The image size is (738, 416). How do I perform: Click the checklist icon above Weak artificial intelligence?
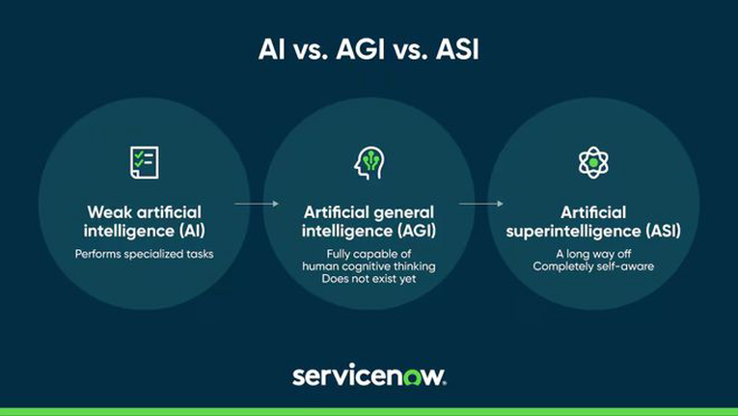click(144, 162)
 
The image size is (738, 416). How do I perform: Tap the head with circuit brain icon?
click(369, 163)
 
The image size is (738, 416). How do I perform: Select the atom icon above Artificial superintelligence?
click(593, 162)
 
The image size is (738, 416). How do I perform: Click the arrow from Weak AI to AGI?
click(257, 204)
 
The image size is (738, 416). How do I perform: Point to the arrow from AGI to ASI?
click(481, 204)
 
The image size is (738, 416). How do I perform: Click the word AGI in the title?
click(361, 49)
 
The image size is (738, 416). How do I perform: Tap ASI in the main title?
click(457, 49)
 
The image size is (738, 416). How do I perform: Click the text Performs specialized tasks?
click(144, 254)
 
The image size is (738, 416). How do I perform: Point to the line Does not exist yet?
click(369, 278)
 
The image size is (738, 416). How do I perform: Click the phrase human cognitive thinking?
click(369, 266)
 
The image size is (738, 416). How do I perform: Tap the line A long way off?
click(593, 254)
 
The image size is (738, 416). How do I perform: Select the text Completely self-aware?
click(593, 266)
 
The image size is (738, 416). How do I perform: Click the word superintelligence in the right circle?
click(573, 231)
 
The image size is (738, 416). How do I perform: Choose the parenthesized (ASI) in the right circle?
click(663, 231)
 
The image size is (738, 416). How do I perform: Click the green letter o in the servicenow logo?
click(413, 376)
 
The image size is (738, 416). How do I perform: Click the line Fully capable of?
click(369, 254)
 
